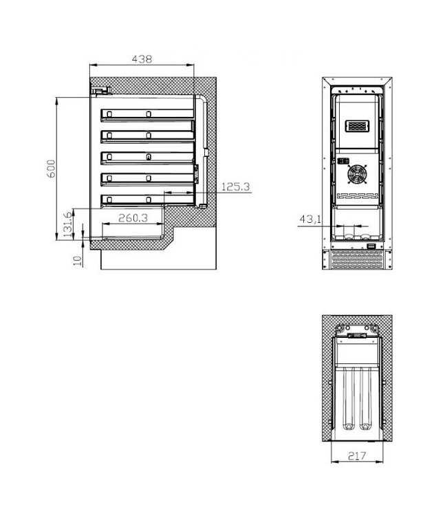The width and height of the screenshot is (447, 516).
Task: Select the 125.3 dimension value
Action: pyautogui.click(x=236, y=186)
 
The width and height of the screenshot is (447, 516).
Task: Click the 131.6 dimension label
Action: pyautogui.click(x=67, y=225)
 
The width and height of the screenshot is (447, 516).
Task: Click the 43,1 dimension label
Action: pyautogui.click(x=309, y=219)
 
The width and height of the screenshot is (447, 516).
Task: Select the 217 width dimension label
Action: pyautogui.click(x=356, y=455)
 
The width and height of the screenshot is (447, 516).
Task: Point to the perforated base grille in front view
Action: pyautogui.click(x=358, y=261)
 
